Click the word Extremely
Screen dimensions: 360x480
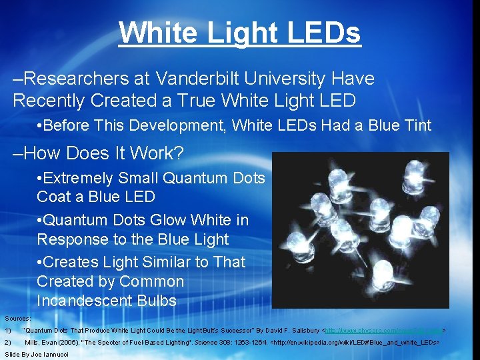(x=79, y=178)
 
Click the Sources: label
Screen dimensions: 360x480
(x=17, y=319)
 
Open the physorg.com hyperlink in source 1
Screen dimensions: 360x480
(x=383, y=331)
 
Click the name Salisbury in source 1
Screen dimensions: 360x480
(x=301, y=331)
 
